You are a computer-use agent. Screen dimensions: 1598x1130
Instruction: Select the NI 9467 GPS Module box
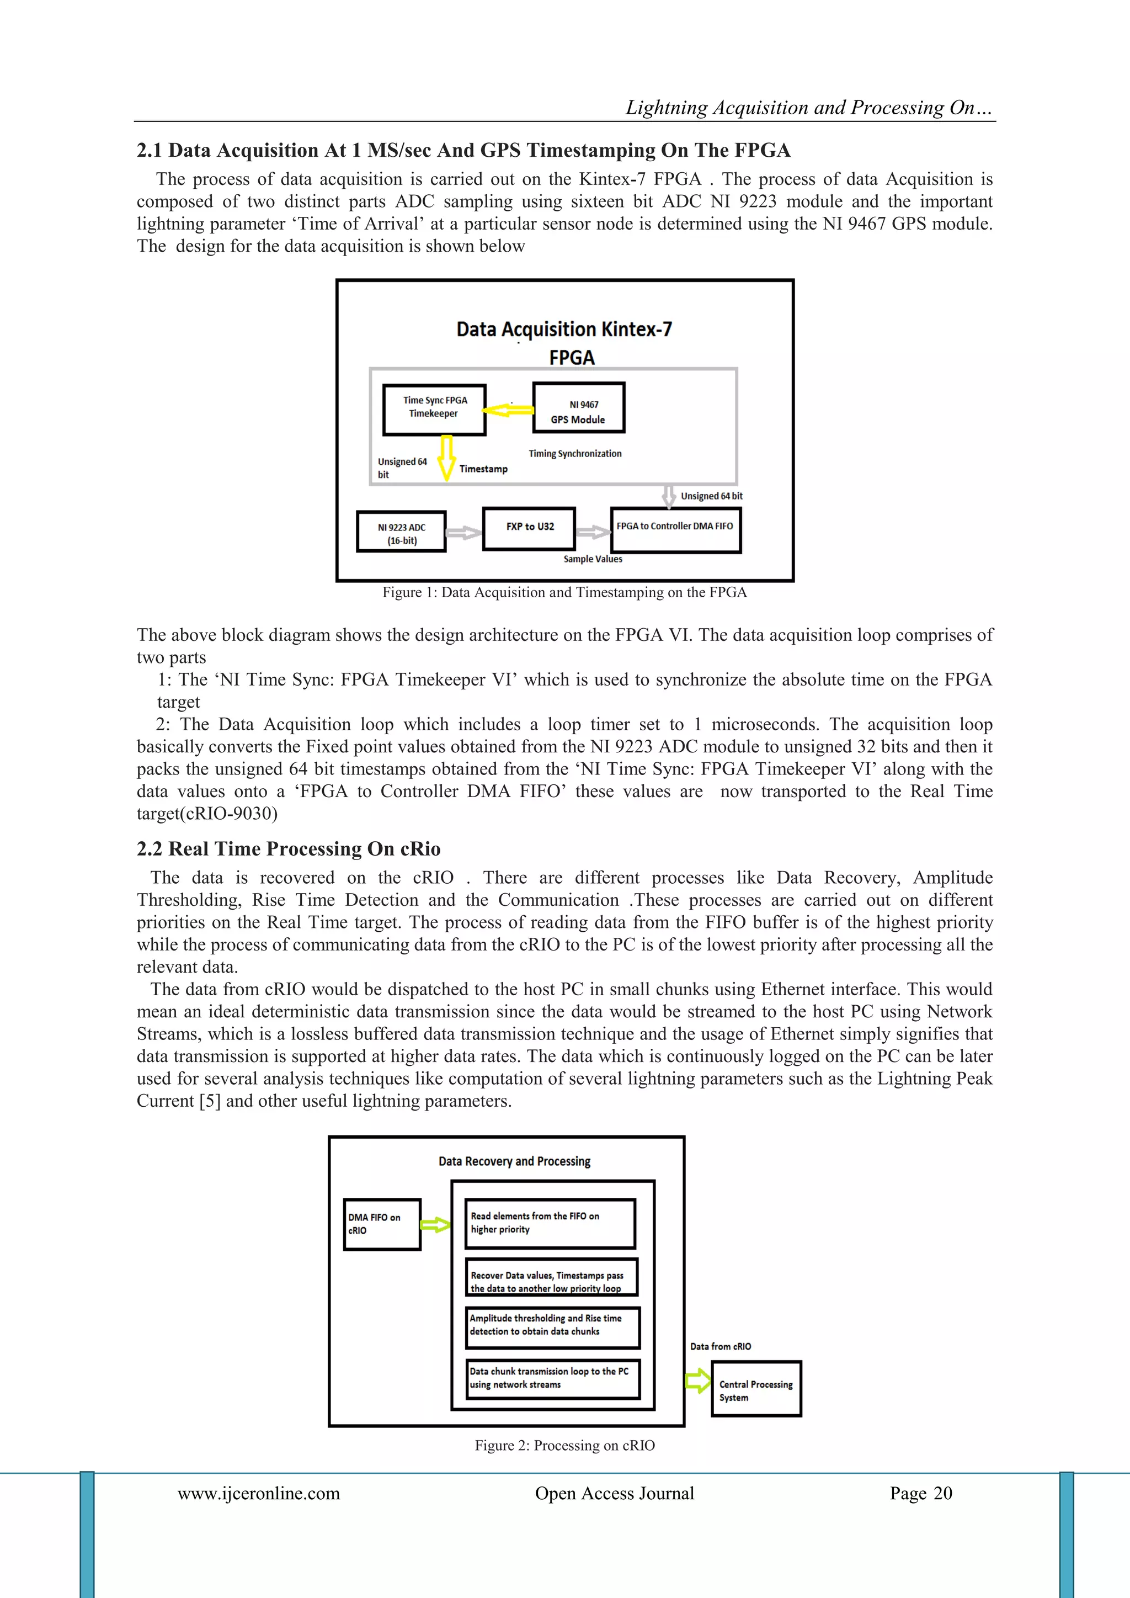tap(578, 408)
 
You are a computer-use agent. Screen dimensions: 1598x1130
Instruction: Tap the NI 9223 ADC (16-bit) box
tap(402, 532)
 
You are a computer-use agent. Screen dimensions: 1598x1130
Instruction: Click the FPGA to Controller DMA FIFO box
tap(675, 530)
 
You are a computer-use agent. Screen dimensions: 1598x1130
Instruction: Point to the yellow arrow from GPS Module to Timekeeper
tap(509, 410)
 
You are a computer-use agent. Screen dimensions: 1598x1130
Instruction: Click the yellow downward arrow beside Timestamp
tap(447, 457)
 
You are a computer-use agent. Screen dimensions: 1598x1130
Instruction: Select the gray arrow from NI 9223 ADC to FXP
tap(463, 533)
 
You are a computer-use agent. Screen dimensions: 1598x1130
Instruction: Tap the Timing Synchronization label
tap(575, 453)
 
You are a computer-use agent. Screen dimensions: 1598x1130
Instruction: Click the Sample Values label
tap(593, 559)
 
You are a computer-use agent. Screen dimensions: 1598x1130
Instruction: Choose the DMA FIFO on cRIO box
tap(382, 1224)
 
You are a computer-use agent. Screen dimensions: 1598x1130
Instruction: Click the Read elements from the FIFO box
tap(550, 1223)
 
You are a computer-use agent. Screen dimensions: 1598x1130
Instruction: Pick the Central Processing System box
tap(756, 1390)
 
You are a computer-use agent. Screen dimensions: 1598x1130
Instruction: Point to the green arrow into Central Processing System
tap(698, 1381)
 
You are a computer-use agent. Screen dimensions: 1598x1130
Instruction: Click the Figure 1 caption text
tap(564, 592)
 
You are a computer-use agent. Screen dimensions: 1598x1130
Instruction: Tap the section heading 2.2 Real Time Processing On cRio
tap(288, 848)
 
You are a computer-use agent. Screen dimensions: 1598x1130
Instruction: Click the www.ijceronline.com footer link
tap(259, 1493)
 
